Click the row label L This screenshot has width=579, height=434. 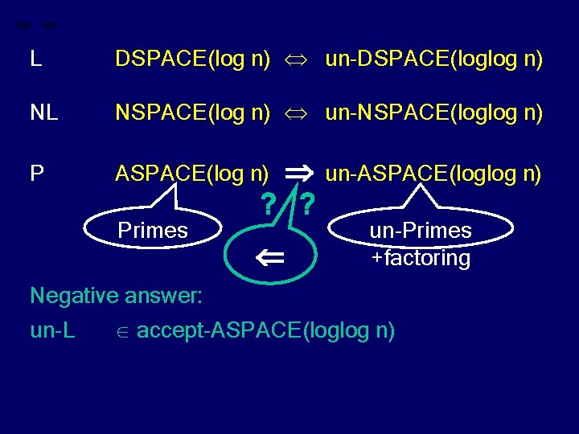[x=35, y=59]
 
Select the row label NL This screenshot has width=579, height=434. [x=43, y=114]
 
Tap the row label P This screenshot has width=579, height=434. [x=36, y=173]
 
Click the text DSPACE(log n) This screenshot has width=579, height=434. [x=192, y=59]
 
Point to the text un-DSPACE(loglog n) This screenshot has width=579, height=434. [x=433, y=59]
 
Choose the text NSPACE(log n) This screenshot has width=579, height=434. [x=192, y=114]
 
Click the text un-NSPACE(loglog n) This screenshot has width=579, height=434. [x=433, y=114]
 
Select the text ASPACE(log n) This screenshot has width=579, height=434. [x=192, y=173]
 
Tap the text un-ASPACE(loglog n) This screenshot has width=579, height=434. [x=433, y=173]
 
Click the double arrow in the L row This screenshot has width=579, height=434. [x=298, y=59]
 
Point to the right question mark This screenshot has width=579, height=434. [x=307, y=207]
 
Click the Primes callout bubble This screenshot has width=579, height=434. [x=153, y=231]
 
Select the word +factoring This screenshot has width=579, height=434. [x=421, y=258]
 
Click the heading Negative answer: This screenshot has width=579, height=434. [x=117, y=296]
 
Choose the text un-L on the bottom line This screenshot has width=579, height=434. [x=52, y=330]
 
